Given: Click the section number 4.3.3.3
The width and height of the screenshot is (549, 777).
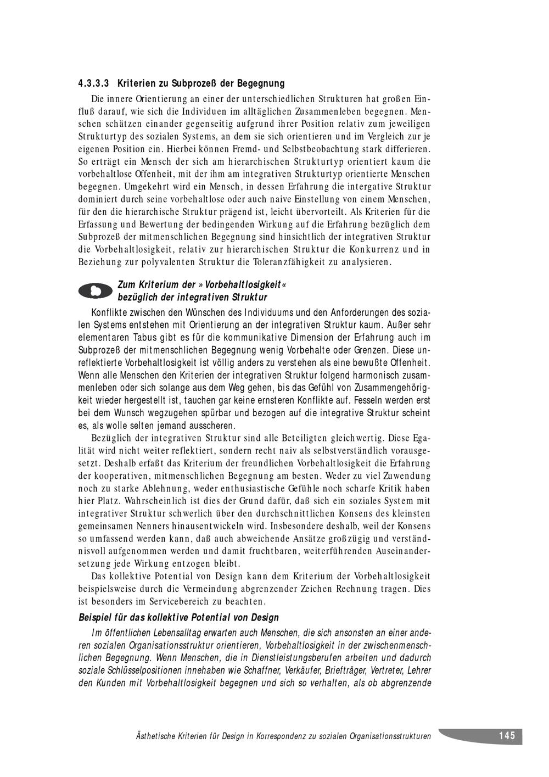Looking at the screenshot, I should click(94, 84).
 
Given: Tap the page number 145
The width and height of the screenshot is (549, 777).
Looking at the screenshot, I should click(507, 736).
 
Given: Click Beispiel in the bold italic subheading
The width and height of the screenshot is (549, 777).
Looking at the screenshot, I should click(97, 618).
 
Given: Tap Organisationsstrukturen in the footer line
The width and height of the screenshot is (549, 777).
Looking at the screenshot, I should click(390, 736).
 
